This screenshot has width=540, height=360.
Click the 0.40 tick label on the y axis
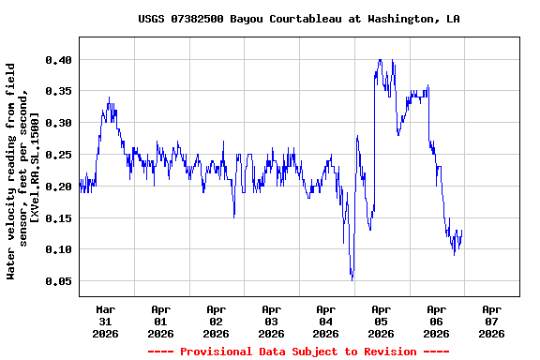[58, 59]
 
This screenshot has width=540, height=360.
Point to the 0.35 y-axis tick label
[58, 91]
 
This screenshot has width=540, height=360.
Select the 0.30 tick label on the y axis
[58, 123]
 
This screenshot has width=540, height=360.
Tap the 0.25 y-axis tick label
[58, 155]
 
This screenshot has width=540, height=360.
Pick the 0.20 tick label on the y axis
[58, 187]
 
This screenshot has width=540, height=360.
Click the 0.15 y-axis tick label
[58, 218]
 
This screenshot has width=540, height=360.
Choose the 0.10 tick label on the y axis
[58, 249]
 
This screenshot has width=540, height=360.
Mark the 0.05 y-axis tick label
[58, 281]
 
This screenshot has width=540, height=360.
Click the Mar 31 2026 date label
[106, 321]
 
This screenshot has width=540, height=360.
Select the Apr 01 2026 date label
[161, 321]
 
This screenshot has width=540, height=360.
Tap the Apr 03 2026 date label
[271, 321]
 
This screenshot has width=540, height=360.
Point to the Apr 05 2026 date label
[381, 321]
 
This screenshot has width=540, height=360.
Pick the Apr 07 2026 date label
[491, 321]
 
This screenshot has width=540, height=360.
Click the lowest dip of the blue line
[352, 278]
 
